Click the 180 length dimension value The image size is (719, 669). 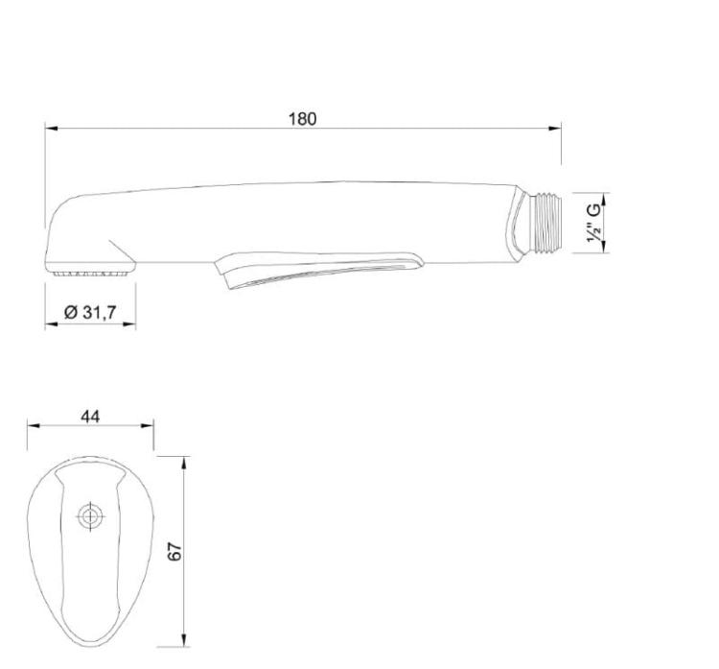(x=302, y=119)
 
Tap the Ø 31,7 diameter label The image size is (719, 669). (x=90, y=312)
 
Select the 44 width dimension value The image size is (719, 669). (x=90, y=417)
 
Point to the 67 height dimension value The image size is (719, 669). (x=174, y=551)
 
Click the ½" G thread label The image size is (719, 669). (x=592, y=223)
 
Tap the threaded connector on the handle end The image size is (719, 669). (x=545, y=223)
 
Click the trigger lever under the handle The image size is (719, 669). (x=318, y=270)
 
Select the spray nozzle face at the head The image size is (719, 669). (x=90, y=274)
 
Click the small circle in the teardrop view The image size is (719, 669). (x=90, y=516)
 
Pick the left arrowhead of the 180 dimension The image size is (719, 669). (x=51, y=128)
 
